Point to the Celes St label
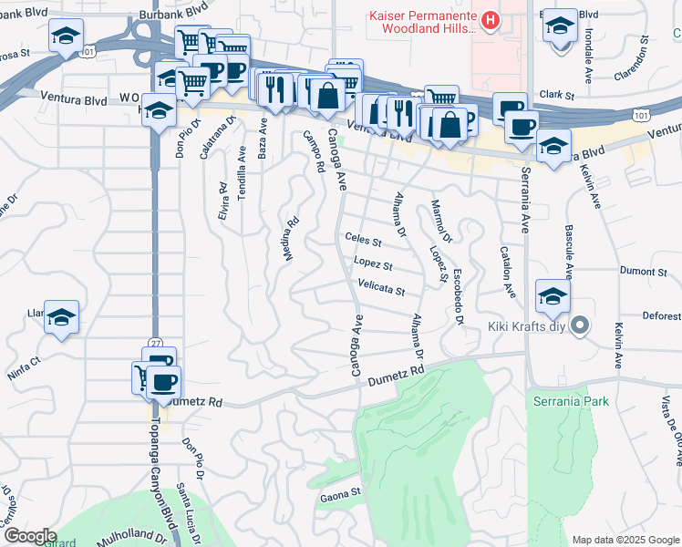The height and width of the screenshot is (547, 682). pyautogui.click(x=363, y=240)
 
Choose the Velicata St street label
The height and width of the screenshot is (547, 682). pyautogui.click(x=380, y=290)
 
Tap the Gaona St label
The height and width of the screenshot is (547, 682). pyautogui.click(x=342, y=497)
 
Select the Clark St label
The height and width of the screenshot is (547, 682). pyautogui.click(x=556, y=95)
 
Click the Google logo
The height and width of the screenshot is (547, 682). pyautogui.click(x=30, y=536)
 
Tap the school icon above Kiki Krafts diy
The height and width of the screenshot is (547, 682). pyautogui.click(x=553, y=297)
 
